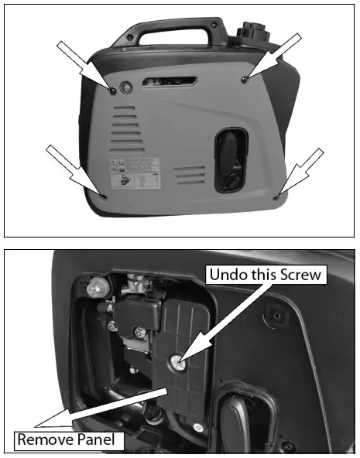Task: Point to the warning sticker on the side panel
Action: tap(134, 175)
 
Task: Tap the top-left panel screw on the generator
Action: tap(113, 91)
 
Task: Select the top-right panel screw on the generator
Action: tap(245, 80)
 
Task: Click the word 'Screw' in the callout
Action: tap(303, 274)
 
